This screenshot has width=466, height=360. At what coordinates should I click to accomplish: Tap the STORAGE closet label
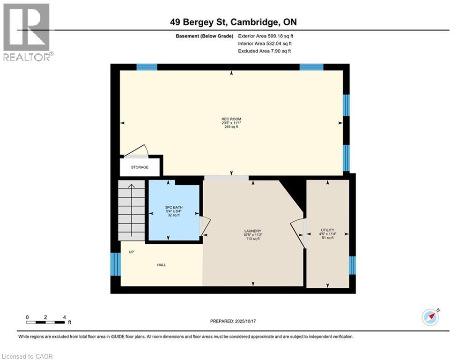pos(140,167)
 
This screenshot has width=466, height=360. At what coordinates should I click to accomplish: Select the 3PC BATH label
pos(174,207)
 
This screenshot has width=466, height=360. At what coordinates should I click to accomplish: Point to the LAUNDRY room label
pos(251,231)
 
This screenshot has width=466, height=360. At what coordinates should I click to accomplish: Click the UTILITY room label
pos(327,230)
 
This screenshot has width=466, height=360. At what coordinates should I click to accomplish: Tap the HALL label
pos(162,265)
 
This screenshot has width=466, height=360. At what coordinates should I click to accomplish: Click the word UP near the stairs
pos(131,252)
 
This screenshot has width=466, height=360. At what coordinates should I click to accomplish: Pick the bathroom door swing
pos(204,225)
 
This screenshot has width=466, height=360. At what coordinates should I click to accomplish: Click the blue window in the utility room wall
pos(352,265)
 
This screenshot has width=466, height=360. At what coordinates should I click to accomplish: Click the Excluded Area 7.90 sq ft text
pos(267,51)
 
